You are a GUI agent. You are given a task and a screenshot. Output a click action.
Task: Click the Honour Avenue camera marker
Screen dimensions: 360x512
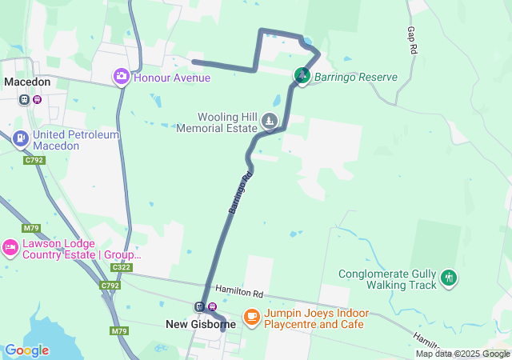coord(122,77)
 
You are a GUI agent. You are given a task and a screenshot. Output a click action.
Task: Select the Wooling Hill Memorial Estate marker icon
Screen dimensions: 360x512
coord(270,122)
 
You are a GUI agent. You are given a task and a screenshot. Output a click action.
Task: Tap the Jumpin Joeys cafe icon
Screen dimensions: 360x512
coord(251,318)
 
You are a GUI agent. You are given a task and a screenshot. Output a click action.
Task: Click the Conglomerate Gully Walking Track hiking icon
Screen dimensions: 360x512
coord(449,278)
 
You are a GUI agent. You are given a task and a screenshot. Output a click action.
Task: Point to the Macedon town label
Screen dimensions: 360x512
coord(27,82)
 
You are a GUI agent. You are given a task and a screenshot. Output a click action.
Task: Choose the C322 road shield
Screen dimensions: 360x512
coord(122,267)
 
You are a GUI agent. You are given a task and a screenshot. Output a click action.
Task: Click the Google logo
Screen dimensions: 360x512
coord(26,350)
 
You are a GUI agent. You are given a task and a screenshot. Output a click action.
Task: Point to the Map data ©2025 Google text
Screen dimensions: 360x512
coord(462,354)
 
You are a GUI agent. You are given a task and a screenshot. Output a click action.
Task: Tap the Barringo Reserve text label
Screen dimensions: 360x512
coord(355,78)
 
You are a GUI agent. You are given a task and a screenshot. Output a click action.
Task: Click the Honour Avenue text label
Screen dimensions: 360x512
coord(171,78)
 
